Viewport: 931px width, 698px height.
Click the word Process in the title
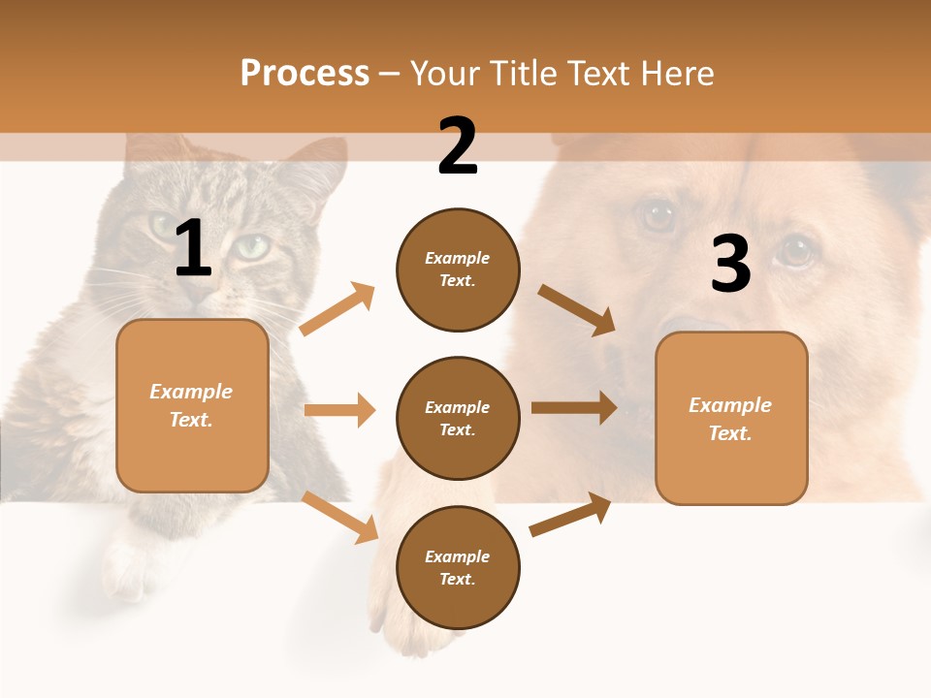pos(305,74)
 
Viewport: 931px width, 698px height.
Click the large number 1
pos(193,248)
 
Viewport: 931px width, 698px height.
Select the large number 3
pos(730,264)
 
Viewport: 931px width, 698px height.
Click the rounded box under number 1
pos(192,405)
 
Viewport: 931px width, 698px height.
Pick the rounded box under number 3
pos(731,419)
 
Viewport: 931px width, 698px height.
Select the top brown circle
pos(458,270)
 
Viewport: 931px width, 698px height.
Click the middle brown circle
pos(458,419)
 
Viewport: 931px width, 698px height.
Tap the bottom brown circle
pos(458,567)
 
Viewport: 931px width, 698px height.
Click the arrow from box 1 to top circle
pos(337,309)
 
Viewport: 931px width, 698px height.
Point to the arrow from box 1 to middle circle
pos(339,410)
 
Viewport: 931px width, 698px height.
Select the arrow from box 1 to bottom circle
pos(340,517)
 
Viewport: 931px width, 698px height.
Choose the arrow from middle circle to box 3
pos(574,408)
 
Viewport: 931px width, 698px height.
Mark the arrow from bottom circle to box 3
pos(570,515)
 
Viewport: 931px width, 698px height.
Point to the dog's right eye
pos(795,252)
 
